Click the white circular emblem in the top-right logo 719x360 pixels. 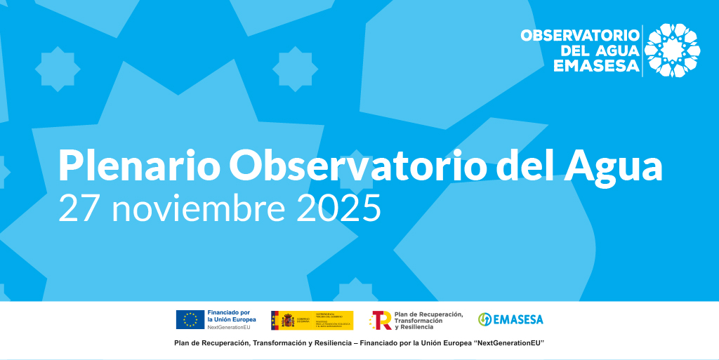tap(672, 50)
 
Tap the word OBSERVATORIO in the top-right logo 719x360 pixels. tap(580, 35)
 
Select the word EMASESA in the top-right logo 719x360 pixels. tap(596, 66)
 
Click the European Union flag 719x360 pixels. tap(190, 319)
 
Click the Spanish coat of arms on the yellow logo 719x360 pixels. tap(287, 321)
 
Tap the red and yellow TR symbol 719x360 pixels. tap(381, 320)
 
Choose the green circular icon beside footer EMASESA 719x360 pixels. tap(484, 319)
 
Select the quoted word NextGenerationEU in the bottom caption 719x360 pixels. tap(508, 342)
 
